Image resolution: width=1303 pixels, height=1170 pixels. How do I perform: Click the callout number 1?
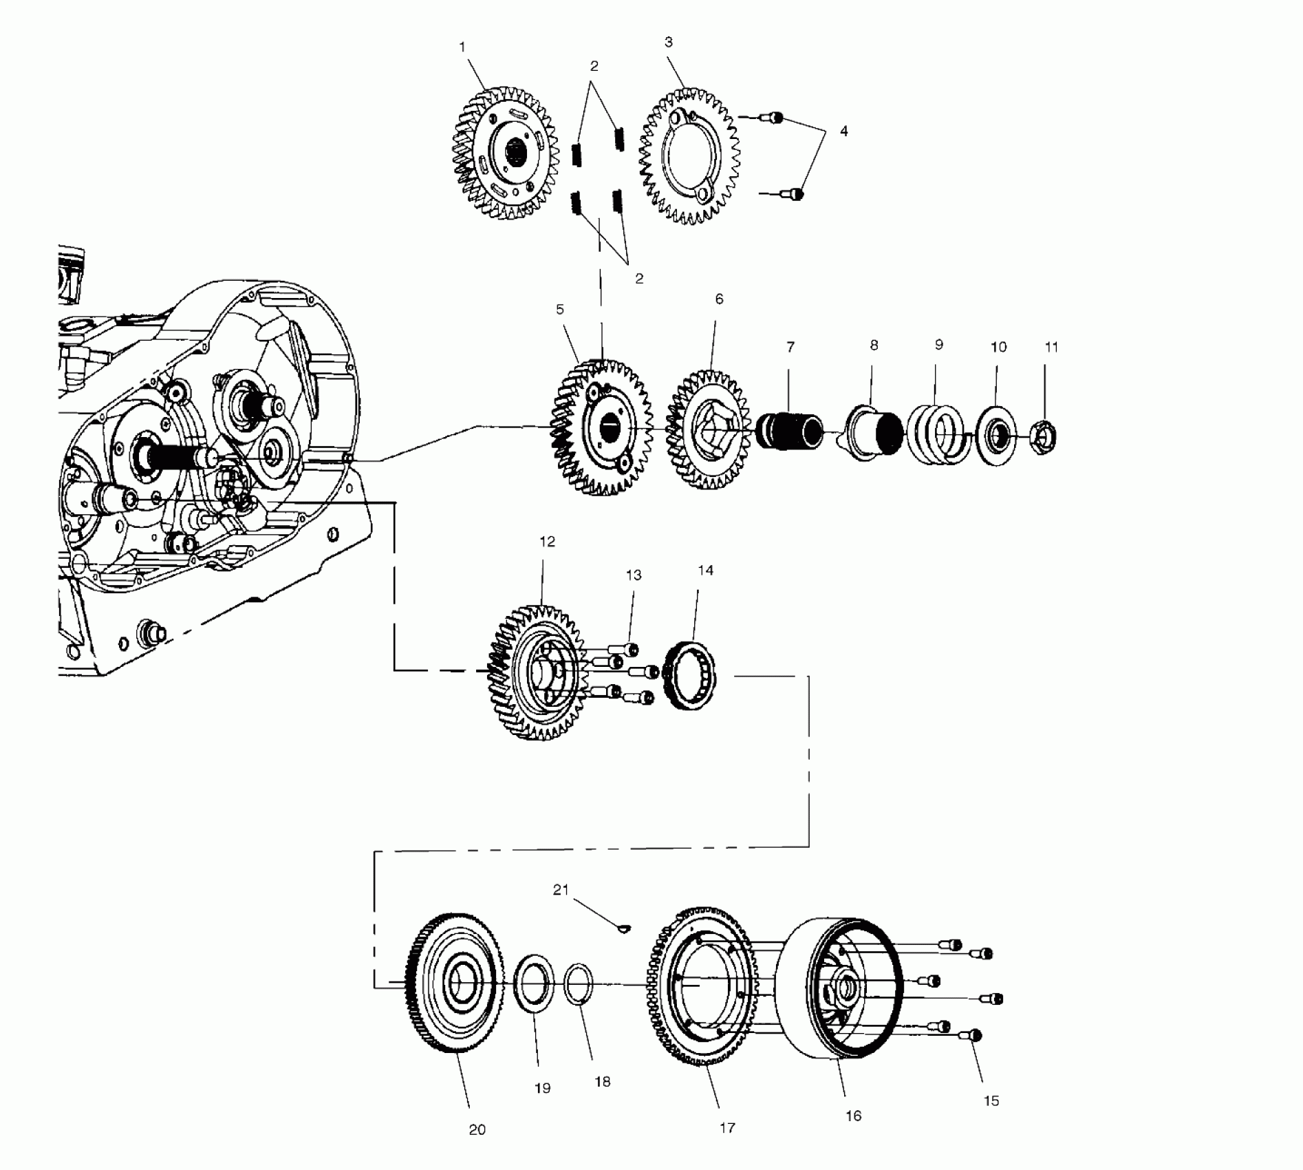(462, 47)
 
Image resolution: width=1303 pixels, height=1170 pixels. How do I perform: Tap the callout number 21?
(561, 890)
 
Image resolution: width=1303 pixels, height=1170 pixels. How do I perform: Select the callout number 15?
(991, 1101)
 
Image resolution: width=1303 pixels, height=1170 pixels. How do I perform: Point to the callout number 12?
(547, 542)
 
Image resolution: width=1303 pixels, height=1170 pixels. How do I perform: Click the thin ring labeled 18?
(579, 986)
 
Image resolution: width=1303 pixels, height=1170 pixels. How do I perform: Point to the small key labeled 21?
(623, 930)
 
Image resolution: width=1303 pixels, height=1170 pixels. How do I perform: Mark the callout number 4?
(843, 131)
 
